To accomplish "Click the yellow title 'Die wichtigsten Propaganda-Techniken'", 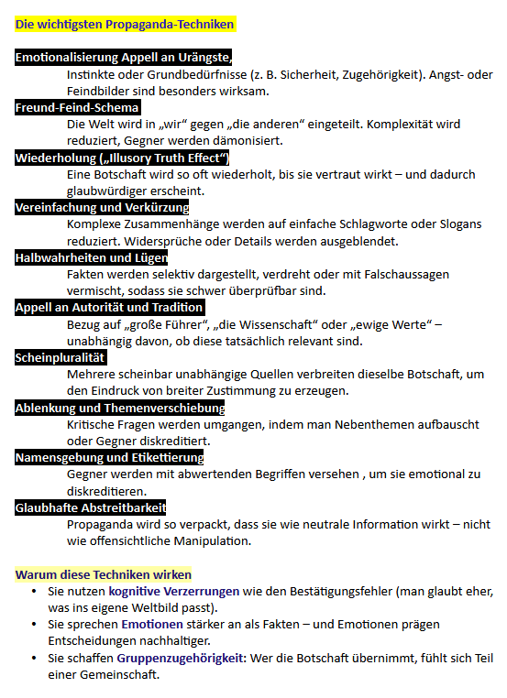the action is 125,25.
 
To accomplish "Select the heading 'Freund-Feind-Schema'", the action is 77,108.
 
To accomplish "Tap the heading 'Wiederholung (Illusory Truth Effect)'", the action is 121,158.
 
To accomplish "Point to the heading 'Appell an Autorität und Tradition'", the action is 109,308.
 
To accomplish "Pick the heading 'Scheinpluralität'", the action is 61,357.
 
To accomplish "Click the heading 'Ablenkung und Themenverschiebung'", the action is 119,408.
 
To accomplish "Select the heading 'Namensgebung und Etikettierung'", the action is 109,457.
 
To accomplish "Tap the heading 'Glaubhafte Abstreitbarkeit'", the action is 91,507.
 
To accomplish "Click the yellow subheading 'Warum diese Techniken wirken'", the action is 104,574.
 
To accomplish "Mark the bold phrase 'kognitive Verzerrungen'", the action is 174,592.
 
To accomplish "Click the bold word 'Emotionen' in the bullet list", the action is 154,625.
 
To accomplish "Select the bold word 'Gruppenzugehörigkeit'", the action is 179,658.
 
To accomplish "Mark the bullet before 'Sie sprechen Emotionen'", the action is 34,625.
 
